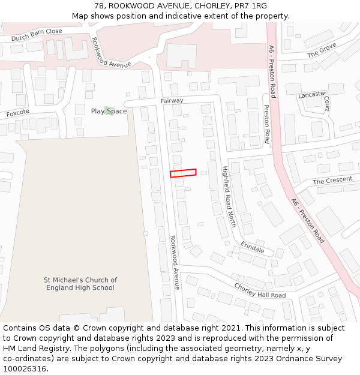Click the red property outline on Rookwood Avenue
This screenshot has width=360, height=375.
tap(183, 173)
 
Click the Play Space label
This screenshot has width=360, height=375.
tap(109, 111)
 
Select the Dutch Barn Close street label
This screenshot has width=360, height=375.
tap(37, 35)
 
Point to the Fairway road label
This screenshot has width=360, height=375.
tap(172, 101)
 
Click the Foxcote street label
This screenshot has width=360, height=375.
tap(17, 113)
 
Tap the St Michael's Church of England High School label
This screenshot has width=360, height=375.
tap(80, 284)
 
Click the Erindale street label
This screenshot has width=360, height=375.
tap(253, 247)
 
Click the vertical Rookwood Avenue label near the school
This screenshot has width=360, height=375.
tap(175, 262)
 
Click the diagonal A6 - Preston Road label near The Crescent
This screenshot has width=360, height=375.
tap(308, 220)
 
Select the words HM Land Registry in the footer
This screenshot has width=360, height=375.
tap(34, 348)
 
